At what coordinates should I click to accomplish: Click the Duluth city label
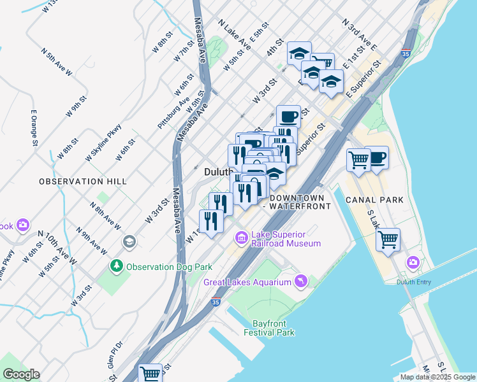[x=216, y=172]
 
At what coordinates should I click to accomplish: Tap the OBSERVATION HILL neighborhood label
[x=83, y=181]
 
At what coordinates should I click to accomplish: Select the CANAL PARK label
[x=374, y=200]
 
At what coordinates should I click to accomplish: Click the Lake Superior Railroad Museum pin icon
[x=242, y=239]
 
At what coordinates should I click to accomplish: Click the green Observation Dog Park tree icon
[x=116, y=265]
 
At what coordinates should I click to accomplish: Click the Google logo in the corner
[x=21, y=374]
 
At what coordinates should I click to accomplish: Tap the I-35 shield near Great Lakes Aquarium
[x=216, y=302]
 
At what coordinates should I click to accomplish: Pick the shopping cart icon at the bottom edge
[x=150, y=374]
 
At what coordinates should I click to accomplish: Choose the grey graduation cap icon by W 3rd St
[x=129, y=241]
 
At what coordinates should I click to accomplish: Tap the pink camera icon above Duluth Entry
[x=413, y=262]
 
